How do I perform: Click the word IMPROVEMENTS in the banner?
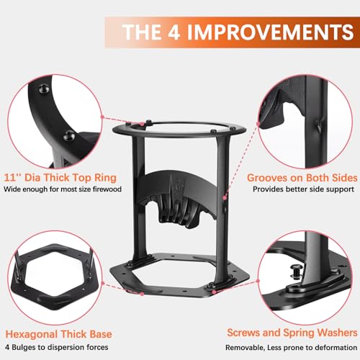point(271,32)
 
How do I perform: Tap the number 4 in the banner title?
point(174,32)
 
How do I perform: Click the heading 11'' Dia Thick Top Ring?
point(60,178)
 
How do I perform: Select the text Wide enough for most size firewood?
point(63,189)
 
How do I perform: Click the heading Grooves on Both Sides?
point(302,178)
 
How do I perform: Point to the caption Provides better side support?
point(303,189)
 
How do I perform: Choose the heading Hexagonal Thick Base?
point(59,334)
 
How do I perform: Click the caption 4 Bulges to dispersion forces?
point(57,347)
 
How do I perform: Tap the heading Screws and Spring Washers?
point(292,333)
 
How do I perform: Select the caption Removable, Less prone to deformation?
point(291,347)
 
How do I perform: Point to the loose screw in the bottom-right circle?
point(296,271)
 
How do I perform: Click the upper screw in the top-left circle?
point(44,89)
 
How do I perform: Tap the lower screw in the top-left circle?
point(69,136)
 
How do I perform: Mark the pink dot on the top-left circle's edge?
point(102,117)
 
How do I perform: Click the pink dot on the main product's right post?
point(225,198)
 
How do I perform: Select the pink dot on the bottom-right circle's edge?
point(258,281)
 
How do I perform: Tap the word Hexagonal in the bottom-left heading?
point(32,334)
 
